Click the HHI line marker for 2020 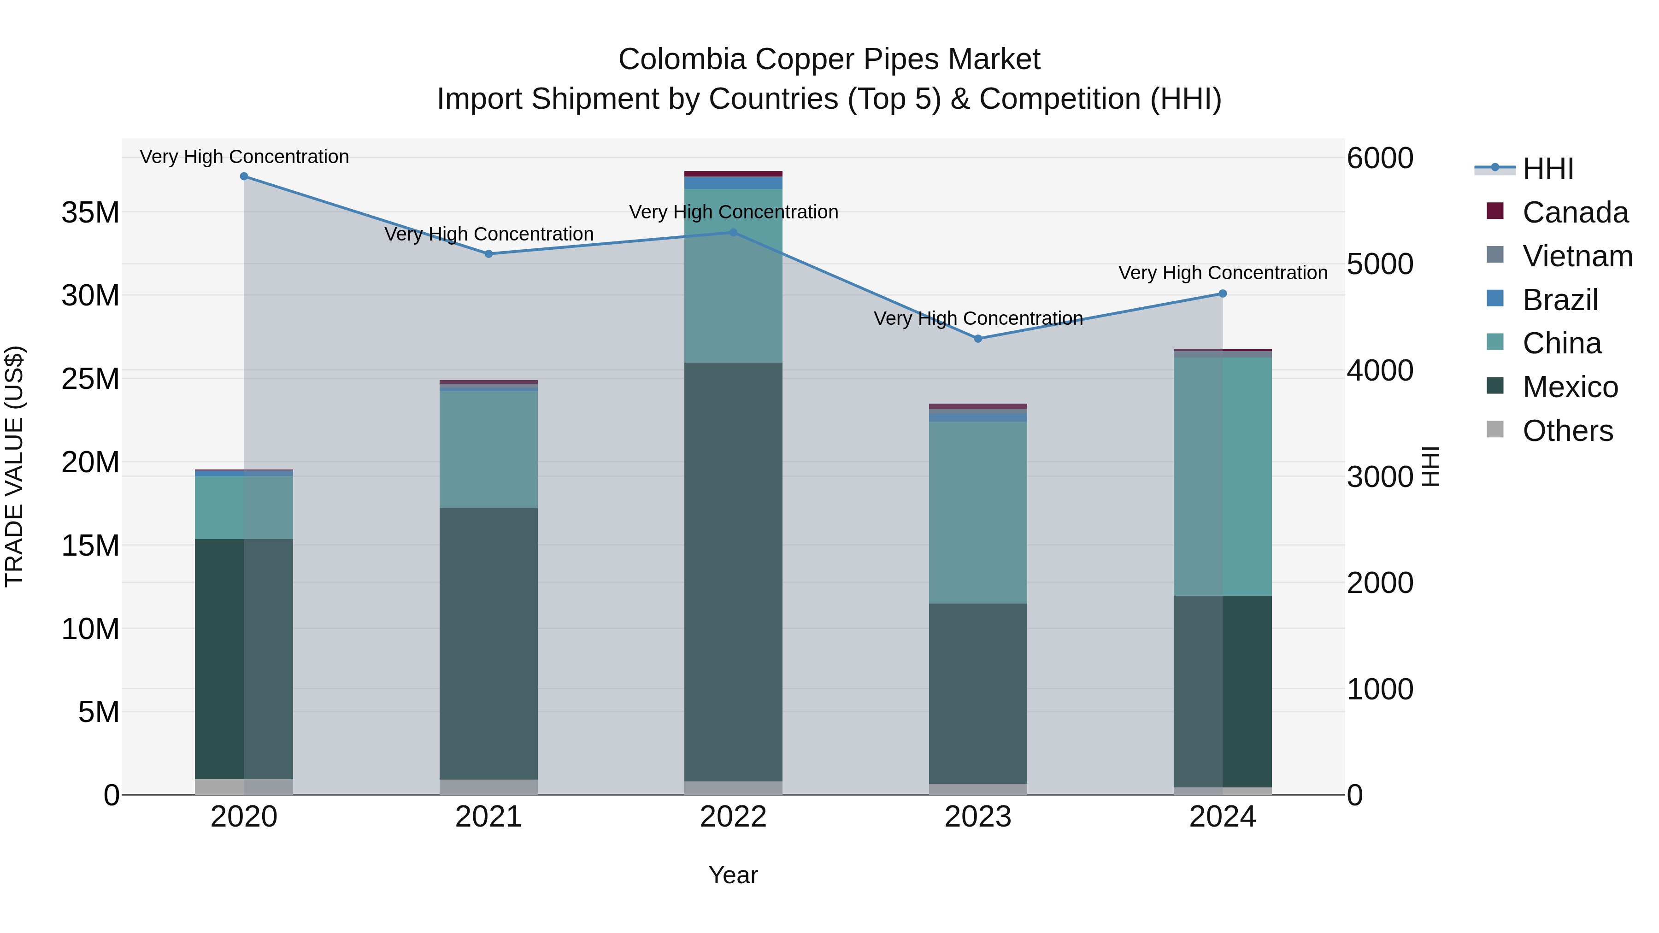click(244, 176)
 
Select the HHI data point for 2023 click(977, 339)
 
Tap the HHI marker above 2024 click(1222, 293)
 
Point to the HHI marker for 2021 click(488, 254)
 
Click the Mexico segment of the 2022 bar click(733, 572)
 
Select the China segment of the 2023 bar click(977, 512)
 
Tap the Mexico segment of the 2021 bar click(488, 644)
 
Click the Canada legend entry click(1575, 212)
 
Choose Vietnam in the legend click(1577, 256)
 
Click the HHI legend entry click(1547, 169)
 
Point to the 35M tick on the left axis click(90, 212)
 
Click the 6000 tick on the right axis click(1379, 158)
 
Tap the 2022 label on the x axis click(733, 817)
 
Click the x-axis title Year click(733, 875)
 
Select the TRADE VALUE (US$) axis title click(14, 466)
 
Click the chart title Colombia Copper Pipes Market click(829, 59)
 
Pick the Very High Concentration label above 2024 click(1222, 273)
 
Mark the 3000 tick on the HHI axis click(1379, 477)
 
